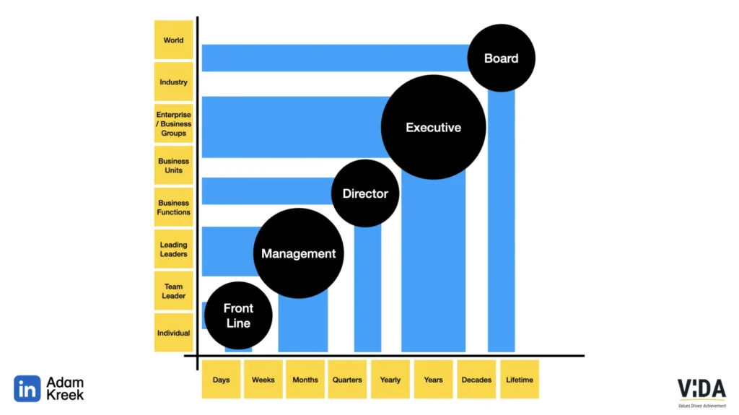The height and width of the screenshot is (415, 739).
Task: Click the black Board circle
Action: [x=501, y=58]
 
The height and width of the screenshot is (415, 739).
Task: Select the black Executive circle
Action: [x=433, y=128]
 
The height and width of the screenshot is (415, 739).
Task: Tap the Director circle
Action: [x=365, y=193]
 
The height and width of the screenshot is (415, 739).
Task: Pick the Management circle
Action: [x=298, y=253]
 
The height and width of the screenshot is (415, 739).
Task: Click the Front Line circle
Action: [x=238, y=315]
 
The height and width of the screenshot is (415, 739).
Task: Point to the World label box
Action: [x=173, y=40]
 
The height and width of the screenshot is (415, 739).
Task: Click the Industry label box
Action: [x=173, y=82]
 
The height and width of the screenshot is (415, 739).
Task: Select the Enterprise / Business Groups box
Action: [x=173, y=123]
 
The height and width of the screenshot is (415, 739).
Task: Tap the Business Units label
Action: [x=173, y=165]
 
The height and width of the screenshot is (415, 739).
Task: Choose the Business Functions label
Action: [x=173, y=207]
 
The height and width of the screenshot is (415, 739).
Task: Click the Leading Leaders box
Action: [x=173, y=249]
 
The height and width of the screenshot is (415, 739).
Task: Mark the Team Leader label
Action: [x=173, y=291]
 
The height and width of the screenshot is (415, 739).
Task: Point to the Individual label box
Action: [x=173, y=333]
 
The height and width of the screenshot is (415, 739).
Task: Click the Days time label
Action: [x=221, y=380]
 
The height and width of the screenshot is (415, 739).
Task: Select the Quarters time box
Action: [x=347, y=380]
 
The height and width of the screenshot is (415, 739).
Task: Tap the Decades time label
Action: [x=476, y=380]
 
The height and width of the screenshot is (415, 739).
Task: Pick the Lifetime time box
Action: [x=519, y=380]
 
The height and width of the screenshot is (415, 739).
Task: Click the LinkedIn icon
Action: [x=27, y=389]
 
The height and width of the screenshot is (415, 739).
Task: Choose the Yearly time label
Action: [x=390, y=380]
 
